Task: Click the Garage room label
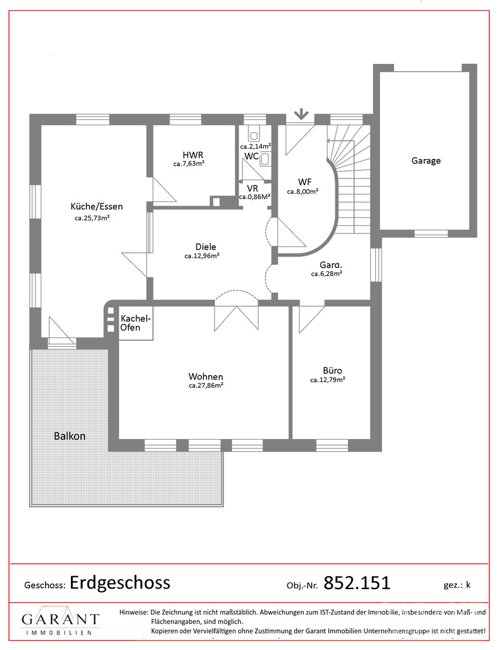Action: click(426, 161)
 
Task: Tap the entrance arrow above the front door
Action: click(301, 114)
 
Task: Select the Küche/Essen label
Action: click(96, 206)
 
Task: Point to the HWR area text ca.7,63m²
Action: click(189, 164)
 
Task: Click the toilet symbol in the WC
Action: click(254, 134)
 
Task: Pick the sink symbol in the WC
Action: click(265, 160)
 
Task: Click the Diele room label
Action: click(206, 247)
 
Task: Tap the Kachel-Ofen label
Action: click(135, 323)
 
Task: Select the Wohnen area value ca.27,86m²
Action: click(206, 385)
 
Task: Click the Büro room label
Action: click(332, 370)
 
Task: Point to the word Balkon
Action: click(70, 436)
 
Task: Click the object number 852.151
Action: click(357, 583)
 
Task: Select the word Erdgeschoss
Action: click(120, 583)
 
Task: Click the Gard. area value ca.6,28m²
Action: click(326, 274)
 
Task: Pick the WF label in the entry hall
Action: click(304, 182)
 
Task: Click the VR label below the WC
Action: click(252, 188)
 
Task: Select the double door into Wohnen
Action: click(236, 317)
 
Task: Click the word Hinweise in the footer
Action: click(134, 612)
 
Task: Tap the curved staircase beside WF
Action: click(349, 178)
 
